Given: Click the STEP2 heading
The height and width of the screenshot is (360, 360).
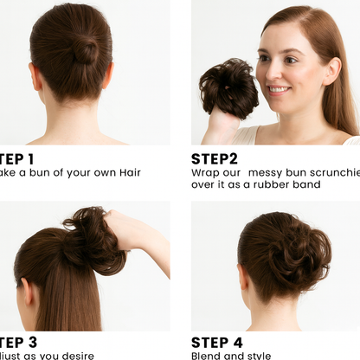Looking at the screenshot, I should (214, 159).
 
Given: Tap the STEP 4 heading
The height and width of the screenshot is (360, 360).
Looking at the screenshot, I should (216, 343).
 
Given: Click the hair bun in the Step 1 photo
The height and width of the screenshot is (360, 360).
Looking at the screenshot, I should (86, 50).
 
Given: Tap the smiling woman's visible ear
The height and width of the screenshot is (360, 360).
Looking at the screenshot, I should (331, 70).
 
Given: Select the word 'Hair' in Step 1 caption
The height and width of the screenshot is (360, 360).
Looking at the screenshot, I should (126, 172).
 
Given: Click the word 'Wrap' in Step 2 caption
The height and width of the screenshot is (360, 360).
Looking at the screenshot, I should (205, 172).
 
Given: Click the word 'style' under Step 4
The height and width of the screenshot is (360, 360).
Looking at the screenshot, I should (258, 356).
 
